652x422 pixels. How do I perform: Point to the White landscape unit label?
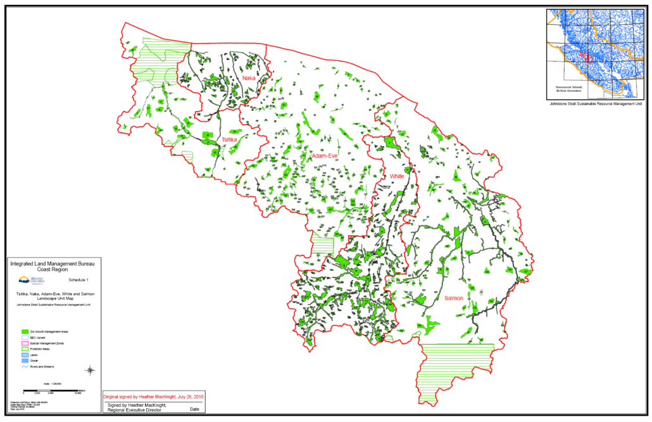pos(397,176)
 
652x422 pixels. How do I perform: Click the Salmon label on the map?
pos(453,298)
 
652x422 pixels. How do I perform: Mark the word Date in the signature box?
pos(194,409)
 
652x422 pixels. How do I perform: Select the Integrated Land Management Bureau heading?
pos(52,262)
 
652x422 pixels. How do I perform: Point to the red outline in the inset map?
pos(586,57)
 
